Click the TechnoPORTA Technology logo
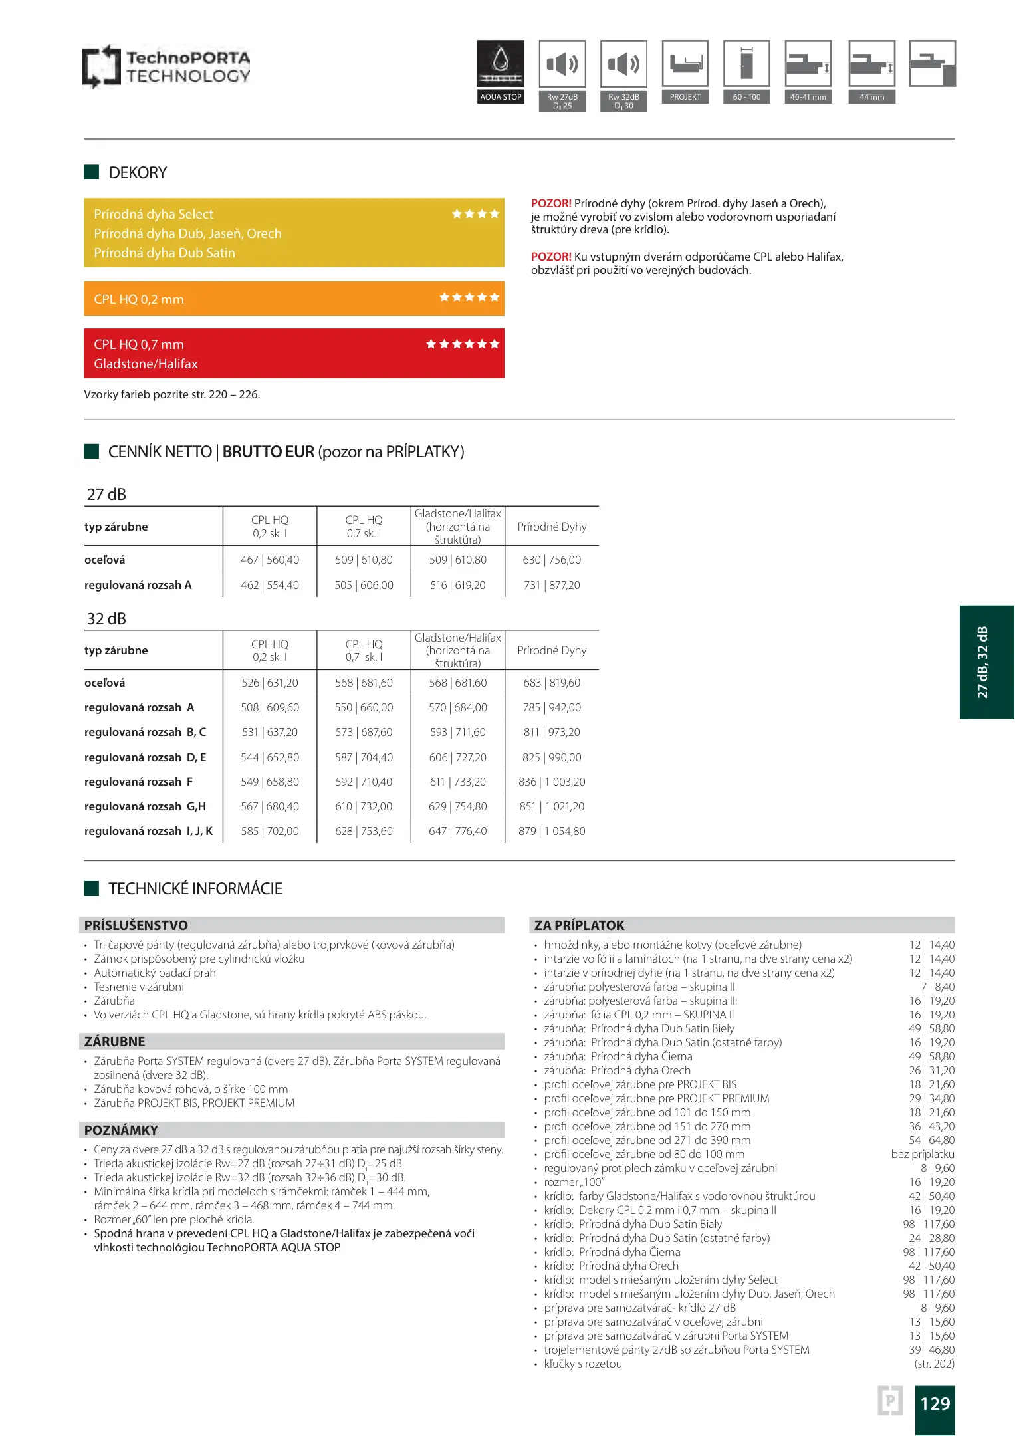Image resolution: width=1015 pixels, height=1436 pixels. [166, 66]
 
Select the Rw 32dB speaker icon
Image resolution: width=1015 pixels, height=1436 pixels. [623, 64]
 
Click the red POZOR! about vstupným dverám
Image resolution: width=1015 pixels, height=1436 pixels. [551, 257]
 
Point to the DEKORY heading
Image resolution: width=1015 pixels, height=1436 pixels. [138, 173]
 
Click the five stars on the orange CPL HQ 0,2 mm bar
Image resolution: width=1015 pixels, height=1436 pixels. [469, 297]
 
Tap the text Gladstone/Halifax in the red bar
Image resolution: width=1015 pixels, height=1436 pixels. [146, 364]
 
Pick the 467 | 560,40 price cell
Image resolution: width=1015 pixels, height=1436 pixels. [270, 560]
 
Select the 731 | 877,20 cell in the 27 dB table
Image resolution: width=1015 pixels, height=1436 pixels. [552, 585]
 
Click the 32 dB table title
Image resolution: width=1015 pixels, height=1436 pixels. [106, 619]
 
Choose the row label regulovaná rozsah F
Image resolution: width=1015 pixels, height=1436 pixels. [138, 782]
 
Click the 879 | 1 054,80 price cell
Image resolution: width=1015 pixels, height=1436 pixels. [552, 831]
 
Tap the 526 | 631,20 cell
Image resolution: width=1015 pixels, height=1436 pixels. [270, 683]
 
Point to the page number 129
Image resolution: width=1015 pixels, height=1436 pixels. [935, 1403]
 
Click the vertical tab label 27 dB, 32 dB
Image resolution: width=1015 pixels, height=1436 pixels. [982, 662]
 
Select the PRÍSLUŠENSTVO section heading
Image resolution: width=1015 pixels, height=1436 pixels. [136, 925]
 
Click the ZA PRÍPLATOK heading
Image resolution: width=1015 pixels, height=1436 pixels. [580, 925]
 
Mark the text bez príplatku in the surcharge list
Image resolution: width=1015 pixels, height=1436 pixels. [923, 1154]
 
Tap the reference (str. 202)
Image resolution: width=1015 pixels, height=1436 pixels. [934, 1364]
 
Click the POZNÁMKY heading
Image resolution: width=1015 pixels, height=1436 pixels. [121, 1130]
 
